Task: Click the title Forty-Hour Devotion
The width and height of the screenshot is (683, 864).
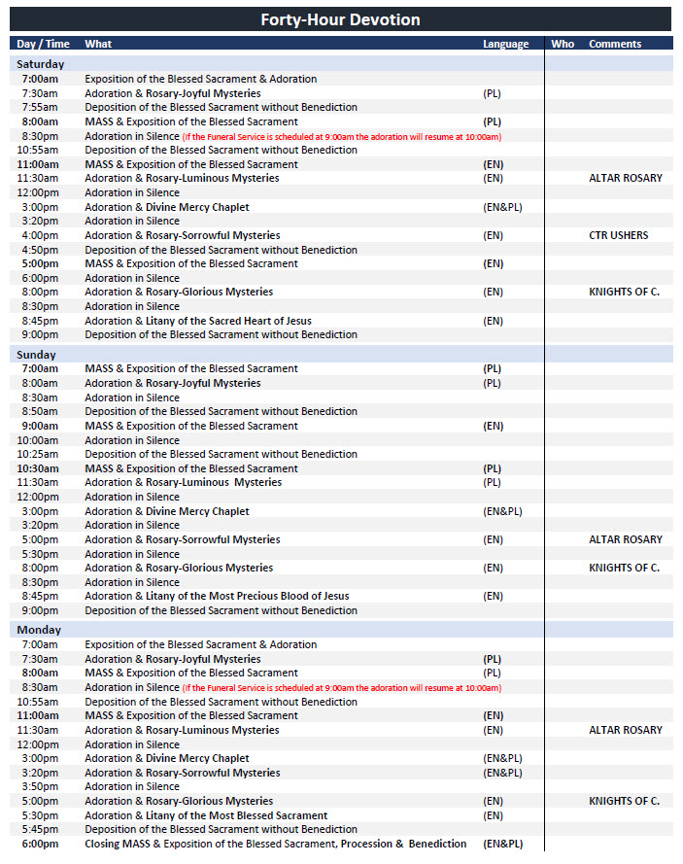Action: click(x=340, y=20)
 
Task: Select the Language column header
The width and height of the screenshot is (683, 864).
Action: click(x=505, y=44)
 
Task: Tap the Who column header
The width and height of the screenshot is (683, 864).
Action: click(x=563, y=44)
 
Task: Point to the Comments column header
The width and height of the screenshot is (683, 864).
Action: click(x=615, y=44)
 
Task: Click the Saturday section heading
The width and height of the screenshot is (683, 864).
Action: click(x=40, y=64)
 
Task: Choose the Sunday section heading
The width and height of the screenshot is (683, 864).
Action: click(x=36, y=355)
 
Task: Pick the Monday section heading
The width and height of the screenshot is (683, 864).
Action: click(x=38, y=630)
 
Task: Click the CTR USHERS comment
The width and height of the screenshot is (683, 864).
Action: click(x=618, y=235)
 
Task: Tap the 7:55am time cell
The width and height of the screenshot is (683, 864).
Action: click(x=40, y=107)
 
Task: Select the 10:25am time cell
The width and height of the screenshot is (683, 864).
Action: click(x=40, y=454)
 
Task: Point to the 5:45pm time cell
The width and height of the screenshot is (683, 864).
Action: click(x=40, y=830)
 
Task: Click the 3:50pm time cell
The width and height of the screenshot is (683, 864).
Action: click(x=40, y=787)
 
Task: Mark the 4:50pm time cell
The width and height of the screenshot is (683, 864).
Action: click(x=40, y=250)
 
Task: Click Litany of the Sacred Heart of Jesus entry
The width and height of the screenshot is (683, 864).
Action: click(x=198, y=321)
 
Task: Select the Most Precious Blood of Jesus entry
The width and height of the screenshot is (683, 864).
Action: click(x=217, y=596)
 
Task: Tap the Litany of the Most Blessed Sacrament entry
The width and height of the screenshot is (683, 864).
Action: click(x=206, y=815)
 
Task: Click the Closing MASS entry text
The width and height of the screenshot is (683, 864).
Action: click(x=275, y=844)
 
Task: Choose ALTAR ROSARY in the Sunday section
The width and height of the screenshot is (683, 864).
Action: click(x=625, y=539)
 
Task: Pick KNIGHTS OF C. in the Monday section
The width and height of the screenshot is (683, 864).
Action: click(x=624, y=801)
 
